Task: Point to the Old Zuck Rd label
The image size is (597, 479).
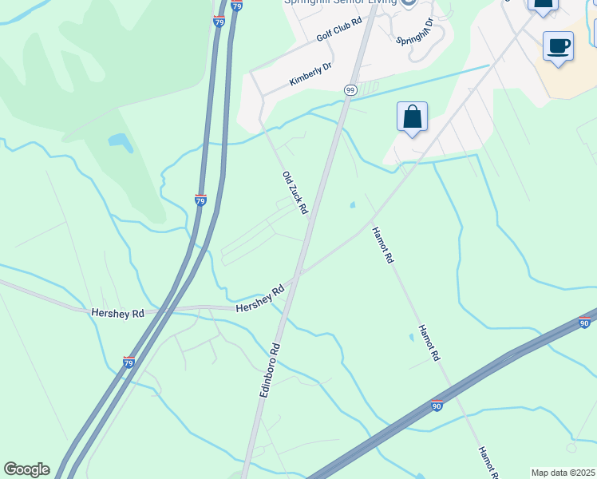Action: (x=295, y=192)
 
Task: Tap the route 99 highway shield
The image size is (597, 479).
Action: (x=350, y=90)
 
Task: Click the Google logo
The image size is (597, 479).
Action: (x=26, y=469)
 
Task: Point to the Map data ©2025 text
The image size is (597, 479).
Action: (x=562, y=473)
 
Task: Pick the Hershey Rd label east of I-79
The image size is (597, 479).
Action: (x=261, y=299)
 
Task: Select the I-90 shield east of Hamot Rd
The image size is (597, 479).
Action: (x=584, y=323)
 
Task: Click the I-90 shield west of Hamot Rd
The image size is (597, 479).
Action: (x=436, y=406)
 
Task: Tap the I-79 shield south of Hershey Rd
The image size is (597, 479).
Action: (x=129, y=362)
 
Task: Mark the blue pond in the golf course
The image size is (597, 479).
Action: (x=121, y=143)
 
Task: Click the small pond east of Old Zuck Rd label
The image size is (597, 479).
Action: (x=352, y=205)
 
